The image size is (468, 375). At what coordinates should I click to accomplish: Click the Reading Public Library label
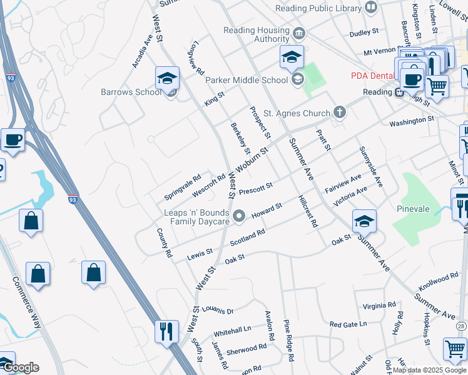click(x=319, y=8)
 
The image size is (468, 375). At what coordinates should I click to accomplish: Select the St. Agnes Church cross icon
click(x=339, y=113)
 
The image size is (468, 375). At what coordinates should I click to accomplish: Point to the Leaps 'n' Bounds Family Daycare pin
click(x=238, y=217)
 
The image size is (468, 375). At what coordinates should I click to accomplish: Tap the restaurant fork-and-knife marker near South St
click(x=166, y=331)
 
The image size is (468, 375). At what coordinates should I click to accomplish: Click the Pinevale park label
click(x=414, y=208)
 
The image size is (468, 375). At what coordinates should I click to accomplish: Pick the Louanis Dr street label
click(x=217, y=311)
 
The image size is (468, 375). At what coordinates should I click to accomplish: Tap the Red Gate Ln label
click(x=348, y=324)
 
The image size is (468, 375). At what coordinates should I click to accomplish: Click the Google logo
click(x=20, y=367)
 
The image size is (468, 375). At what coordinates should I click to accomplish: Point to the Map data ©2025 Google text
click(x=429, y=370)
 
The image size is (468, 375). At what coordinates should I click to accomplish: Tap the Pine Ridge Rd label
click(x=288, y=341)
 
